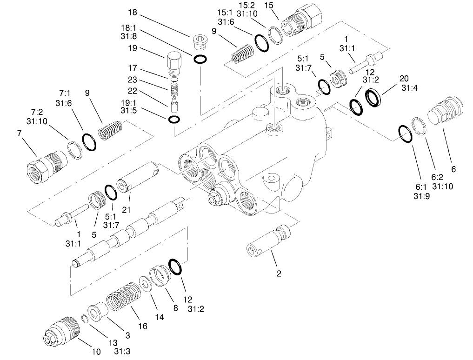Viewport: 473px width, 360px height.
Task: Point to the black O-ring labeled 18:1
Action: click(201, 59)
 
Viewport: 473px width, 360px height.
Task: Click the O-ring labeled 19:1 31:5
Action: click(174, 120)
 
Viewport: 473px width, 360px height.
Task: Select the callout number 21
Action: click(126, 210)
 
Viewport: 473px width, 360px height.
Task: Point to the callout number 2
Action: click(279, 273)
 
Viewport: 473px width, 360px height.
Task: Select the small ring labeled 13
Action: click(85, 318)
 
